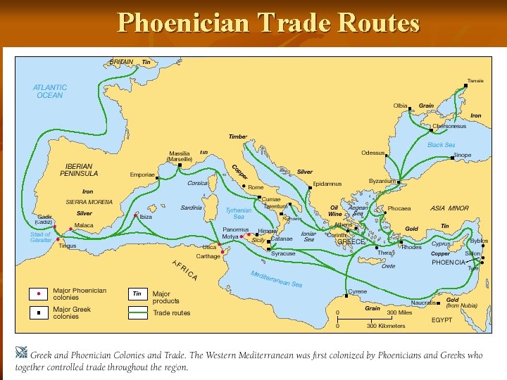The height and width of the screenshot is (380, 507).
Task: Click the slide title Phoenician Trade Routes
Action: coord(268,23)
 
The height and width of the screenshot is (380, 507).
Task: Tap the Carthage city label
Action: coord(208,256)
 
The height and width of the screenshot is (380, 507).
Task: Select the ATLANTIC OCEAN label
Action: coord(50,91)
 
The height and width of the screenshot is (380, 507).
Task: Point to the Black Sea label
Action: coord(442,145)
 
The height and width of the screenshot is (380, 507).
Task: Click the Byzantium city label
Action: coord(382,181)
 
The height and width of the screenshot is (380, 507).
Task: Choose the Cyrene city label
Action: coord(358,291)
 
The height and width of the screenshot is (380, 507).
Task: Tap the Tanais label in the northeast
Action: coord(476,80)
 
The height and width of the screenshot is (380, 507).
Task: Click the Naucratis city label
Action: coord(423,302)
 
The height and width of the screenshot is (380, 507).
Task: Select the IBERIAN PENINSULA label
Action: coord(79,170)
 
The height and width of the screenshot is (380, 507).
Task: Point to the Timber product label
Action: coord(238,137)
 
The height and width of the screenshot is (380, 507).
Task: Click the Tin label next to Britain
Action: coord(146,62)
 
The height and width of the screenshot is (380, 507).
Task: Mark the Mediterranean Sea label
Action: coord(276,279)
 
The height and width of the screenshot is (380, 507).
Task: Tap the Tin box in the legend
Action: coord(137,293)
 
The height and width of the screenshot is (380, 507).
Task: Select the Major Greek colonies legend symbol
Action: coord(38,312)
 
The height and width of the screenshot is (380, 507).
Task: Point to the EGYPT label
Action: coord(442,319)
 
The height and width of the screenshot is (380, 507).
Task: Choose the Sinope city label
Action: coord(462,155)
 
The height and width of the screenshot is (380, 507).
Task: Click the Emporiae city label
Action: coord(142,175)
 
